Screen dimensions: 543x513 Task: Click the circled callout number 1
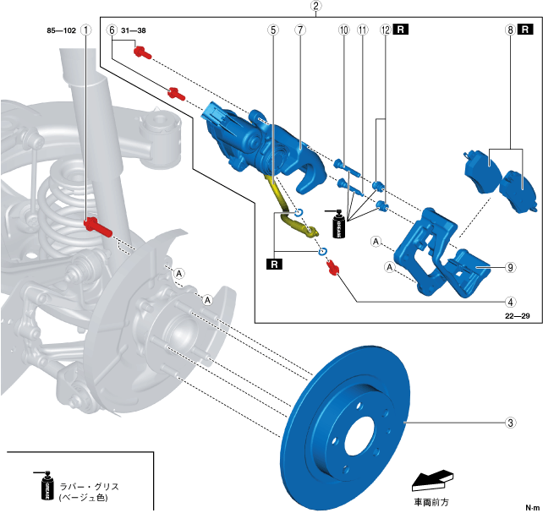(x=86, y=30)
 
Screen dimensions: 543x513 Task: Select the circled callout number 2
(x=315, y=6)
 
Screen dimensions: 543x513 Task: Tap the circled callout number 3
(x=511, y=423)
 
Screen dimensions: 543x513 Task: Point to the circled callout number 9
(x=511, y=267)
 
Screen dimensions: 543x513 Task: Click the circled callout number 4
(x=511, y=302)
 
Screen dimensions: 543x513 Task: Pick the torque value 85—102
(x=61, y=30)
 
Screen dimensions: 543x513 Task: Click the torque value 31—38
(x=134, y=30)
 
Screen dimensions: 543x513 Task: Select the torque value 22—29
(x=518, y=316)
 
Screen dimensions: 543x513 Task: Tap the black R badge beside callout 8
(x=525, y=30)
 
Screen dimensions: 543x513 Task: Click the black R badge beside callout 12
(x=401, y=30)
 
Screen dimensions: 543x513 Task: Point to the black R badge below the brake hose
(x=274, y=265)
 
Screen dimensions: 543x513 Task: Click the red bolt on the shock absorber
(x=97, y=226)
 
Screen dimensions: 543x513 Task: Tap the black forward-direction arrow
(x=432, y=481)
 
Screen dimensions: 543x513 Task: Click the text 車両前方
(x=431, y=502)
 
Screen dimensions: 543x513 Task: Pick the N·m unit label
(x=533, y=507)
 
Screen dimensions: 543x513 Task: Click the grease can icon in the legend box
(x=45, y=485)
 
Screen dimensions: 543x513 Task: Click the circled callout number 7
(x=300, y=30)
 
